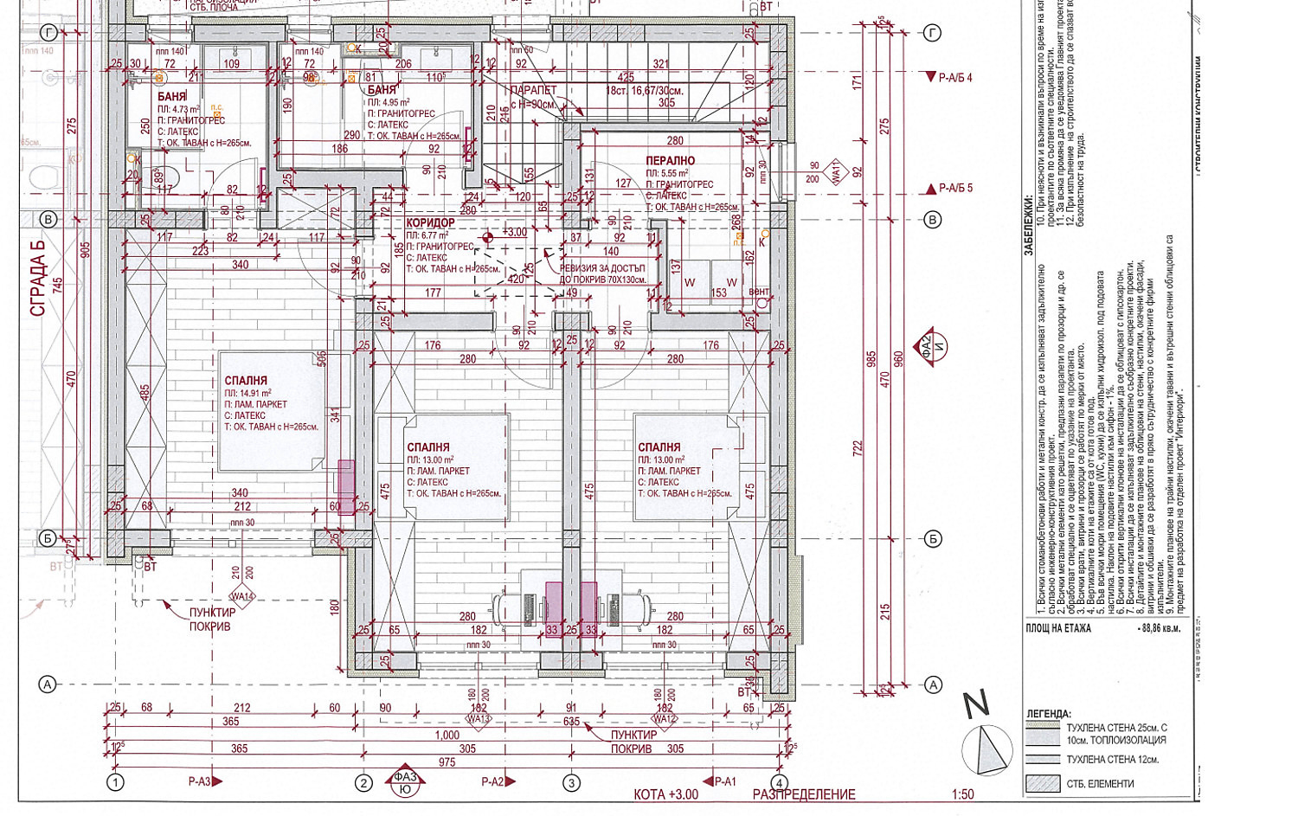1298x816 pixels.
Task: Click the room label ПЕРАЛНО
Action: pyautogui.click(x=670, y=161)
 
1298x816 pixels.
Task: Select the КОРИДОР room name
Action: pyautogui.click(x=430, y=223)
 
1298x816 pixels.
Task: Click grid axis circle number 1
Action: pyautogui.click(x=115, y=783)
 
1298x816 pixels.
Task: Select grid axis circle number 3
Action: pyautogui.click(x=571, y=783)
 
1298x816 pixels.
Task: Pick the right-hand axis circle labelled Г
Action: pyautogui.click(x=932, y=33)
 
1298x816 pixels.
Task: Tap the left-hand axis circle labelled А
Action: pyautogui.click(x=48, y=684)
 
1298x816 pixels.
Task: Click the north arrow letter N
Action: pyautogui.click(x=977, y=704)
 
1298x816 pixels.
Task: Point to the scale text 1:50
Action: pyautogui.click(x=962, y=794)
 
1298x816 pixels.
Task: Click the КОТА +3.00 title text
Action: pyautogui.click(x=666, y=794)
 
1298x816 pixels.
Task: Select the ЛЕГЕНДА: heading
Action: pyautogui.click(x=1048, y=714)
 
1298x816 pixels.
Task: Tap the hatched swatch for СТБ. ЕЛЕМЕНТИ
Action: pyautogui.click(x=1043, y=783)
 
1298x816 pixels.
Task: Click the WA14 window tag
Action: pyautogui.click(x=242, y=596)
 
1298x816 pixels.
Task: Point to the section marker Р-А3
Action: pyautogui.click(x=205, y=781)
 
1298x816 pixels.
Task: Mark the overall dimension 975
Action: pyautogui.click(x=447, y=762)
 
